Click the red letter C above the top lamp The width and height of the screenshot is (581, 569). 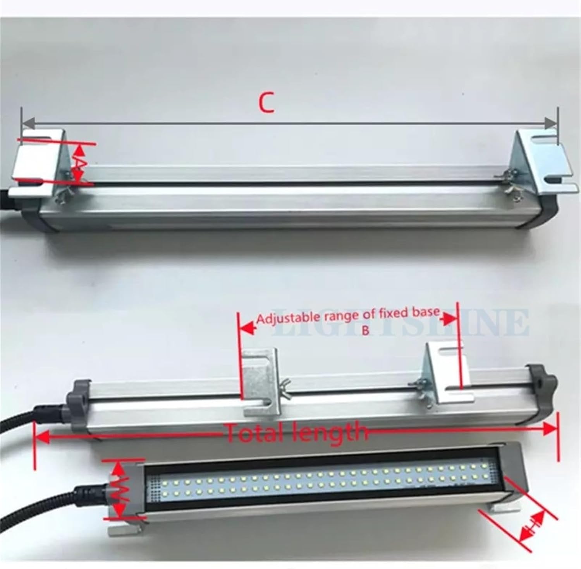click(x=267, y=103)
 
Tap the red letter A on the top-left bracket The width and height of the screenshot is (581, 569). click(x=79, y=163)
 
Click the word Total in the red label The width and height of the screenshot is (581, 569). click(x=256, y=432)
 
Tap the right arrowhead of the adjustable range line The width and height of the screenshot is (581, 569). click(x=450, y=319)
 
